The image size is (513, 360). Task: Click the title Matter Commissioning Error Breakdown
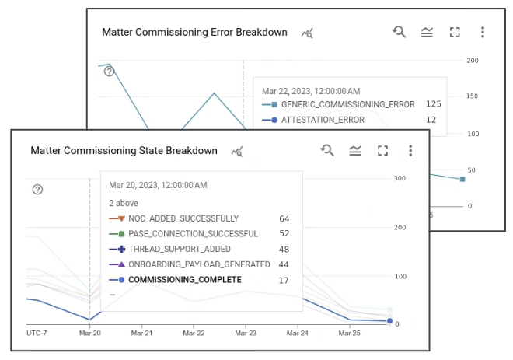(x=194, y=33)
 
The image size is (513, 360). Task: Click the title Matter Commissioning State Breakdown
(x=124, y=151)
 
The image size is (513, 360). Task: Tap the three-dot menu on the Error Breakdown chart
(x=483, y=32)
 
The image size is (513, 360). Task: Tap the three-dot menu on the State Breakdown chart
(x=410, y=150)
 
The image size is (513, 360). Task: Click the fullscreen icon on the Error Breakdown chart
(x=455, y=32)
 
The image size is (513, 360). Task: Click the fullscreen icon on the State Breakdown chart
(x=382, y=150)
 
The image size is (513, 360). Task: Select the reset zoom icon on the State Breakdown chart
(x=327, y=150)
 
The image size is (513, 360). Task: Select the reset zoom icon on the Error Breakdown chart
(x=399, y=32)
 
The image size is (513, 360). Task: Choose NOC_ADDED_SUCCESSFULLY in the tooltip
(x=183, y=218)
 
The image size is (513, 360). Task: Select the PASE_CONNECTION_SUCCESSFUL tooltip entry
(x=193, y=234)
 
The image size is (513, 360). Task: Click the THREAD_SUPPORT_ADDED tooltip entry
(x=179, y=249)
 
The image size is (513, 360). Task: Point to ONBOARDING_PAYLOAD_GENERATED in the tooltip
(x=199, y=264)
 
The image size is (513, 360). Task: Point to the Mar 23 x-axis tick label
(x=246, y=333)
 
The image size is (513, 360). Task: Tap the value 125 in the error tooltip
(x=433, y=104)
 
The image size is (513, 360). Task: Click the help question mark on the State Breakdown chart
(x=37, y=190)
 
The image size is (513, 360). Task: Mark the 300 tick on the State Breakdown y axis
(x=400, y=178)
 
